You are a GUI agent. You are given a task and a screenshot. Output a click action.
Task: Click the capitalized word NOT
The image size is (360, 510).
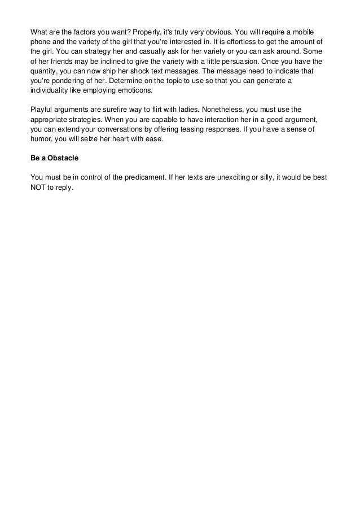(x=39, y=188)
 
